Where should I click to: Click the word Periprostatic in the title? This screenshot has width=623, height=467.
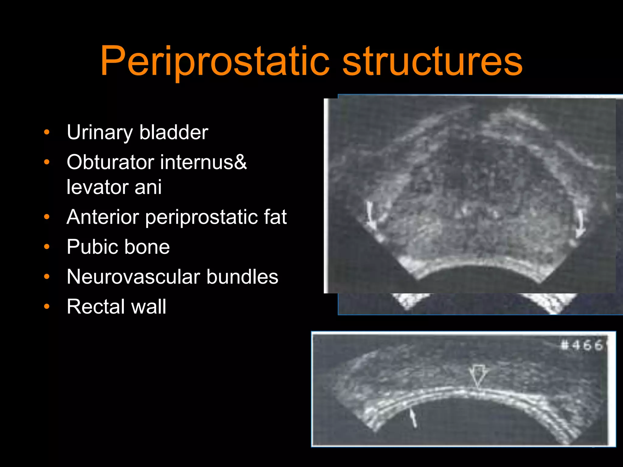pyautogui.click(x=215, y=61)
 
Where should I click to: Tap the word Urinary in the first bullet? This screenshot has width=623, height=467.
pyautogui.click(x=100, y=133)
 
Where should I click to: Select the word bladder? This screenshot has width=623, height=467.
pyautogui.click(x=174, y=132)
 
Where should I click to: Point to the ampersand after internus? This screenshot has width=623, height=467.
pyautogui.click(x=240, y=162)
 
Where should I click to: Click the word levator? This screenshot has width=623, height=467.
pyautogui.click(x=97, y=187)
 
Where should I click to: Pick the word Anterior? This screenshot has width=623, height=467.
pyautogui.click(x=103, y=217)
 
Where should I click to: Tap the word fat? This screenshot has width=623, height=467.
pyautogui.click(x=275, y=217)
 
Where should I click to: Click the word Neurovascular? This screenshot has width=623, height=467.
pyautogui.click(x=133, y=277)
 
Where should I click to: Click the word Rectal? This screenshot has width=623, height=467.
pyautogui.click(x=94, y=306)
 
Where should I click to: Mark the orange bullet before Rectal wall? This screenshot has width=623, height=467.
pyautogui.click(x=47, y=306)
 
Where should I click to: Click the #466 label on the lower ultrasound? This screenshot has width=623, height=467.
pyautogui.click(x=582, y=345)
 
